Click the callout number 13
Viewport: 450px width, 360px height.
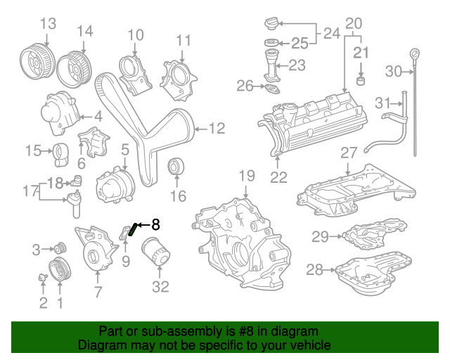47,24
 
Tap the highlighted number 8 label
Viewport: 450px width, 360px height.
155,225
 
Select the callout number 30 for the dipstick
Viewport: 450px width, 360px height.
393,70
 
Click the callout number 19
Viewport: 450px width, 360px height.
245,175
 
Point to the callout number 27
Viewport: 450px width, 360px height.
349,153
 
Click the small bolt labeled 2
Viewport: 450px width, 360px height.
43,278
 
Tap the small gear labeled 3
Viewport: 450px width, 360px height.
60,248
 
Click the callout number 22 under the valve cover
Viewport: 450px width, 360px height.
279,177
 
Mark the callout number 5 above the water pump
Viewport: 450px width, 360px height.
125,149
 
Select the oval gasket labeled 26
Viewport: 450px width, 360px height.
270,89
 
